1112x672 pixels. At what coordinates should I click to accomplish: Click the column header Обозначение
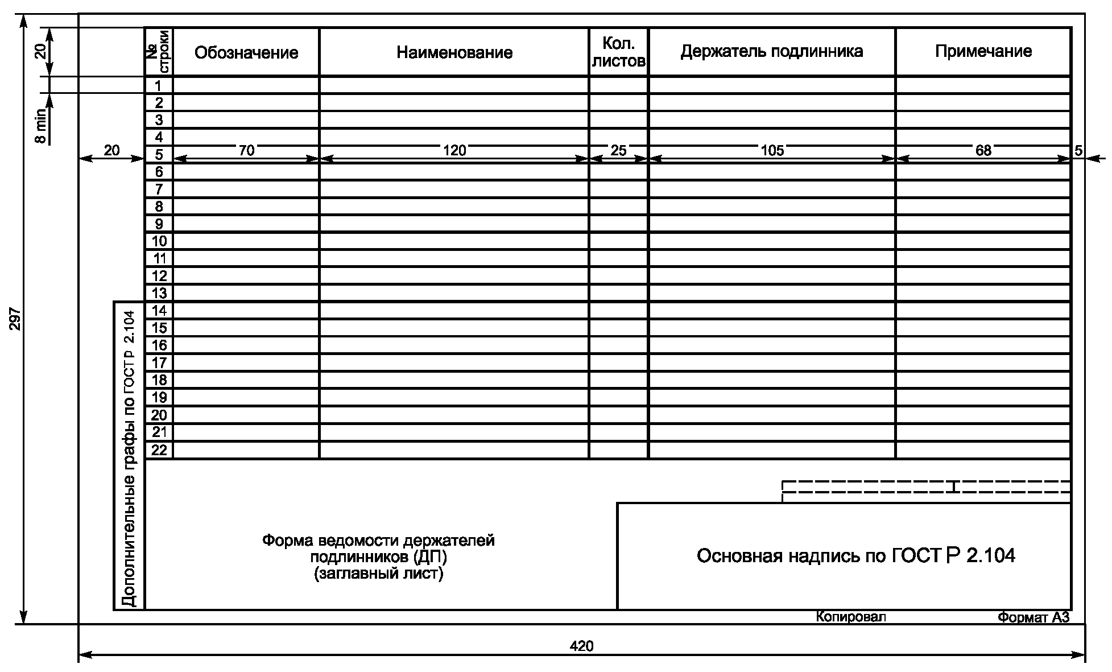(x=246, y=53)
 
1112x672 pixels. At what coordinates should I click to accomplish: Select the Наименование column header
(x=454, y=53)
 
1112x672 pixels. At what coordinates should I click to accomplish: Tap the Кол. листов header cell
(x=618, y=53)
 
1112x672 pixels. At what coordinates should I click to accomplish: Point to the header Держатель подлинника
(x=771, y=51)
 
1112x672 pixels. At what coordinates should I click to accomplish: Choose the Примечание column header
(x=983, y=51)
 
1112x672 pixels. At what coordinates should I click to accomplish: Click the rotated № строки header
(x=159, y=52)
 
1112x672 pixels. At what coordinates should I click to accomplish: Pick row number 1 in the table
(x=159, y=86)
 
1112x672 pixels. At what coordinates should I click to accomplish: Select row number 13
(x=159, y=294)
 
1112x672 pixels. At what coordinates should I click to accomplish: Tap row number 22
(x=159, y=450)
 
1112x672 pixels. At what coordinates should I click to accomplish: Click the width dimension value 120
(x=454, y=150)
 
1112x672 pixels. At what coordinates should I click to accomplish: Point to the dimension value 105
(x=772, y=150)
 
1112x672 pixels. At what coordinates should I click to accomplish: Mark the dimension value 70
(x=246, y=150)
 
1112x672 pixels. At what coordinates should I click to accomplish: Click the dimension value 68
(x=983, y=150)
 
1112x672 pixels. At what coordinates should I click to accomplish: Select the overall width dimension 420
(x=581, y=646)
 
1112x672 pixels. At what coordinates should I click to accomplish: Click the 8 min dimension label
(x=40, y=130)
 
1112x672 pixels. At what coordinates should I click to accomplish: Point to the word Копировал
(x=851, y=617)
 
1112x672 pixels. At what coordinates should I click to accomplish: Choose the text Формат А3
(x=1034, y=617)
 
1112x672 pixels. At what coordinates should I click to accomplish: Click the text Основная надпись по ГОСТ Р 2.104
(x=855, y=555)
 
